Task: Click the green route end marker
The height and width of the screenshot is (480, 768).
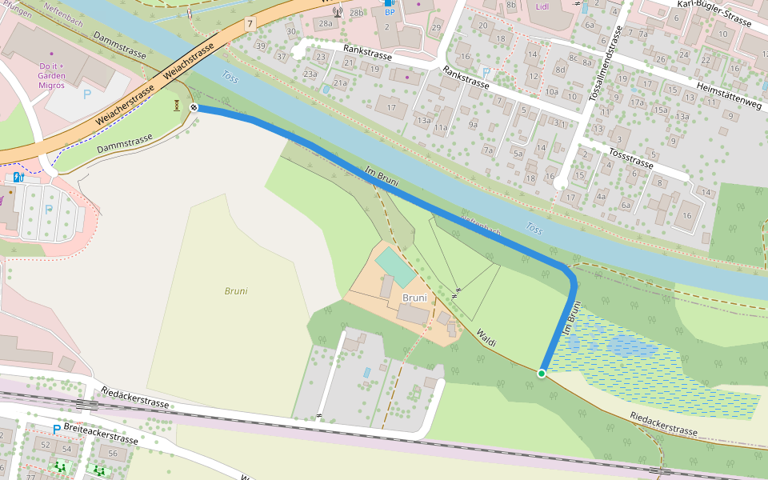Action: (542, 373)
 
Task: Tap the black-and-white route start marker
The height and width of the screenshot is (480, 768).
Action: (194, 107)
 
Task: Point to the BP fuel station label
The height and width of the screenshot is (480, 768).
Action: (390, 11)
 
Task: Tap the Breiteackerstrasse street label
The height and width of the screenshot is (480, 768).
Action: (101, 434)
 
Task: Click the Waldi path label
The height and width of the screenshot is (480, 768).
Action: (486, 338)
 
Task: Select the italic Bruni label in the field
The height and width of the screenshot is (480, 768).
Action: (236, 291)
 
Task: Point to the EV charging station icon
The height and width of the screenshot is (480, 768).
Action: (17, 177)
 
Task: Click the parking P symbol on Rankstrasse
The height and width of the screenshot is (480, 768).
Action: (486, 72)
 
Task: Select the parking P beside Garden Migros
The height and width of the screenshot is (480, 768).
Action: (87, 94)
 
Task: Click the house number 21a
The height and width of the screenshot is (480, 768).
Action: (340, 83)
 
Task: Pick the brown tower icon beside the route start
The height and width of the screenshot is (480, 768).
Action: (176, 106)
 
